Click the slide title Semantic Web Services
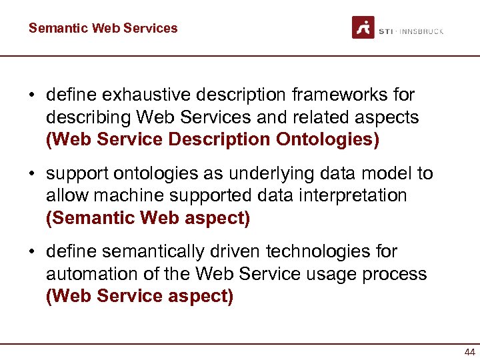click(x=103, y=28)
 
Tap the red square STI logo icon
click(x=363, y=27)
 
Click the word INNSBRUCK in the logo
click(x=421, y=31)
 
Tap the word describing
click(x=89, y=117)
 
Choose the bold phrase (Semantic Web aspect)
click(x=147, y=217)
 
